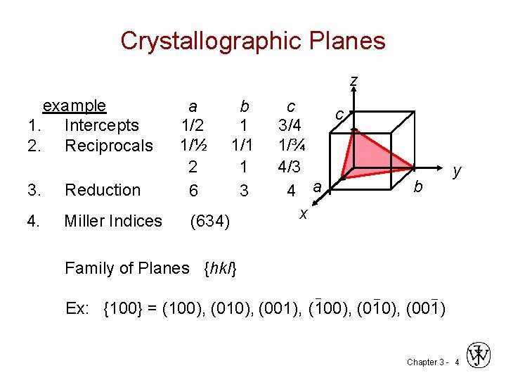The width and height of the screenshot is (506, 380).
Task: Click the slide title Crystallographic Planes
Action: tap(253, 41)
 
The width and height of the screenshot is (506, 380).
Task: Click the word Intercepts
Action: tap(101, 126)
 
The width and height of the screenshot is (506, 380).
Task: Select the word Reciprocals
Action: tap(108, 146)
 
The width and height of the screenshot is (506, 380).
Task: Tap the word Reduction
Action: tap(103, 190)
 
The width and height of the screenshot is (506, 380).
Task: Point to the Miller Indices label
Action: tap(113, 221)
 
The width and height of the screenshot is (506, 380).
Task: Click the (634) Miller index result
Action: tap(209, 222)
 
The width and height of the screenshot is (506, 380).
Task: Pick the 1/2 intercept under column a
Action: tap(192, 126)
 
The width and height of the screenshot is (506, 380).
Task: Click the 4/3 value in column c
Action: tap(290, 168)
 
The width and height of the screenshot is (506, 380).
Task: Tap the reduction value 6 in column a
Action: tap(193, 191)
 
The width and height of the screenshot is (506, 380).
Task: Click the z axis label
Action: tap(354, 82)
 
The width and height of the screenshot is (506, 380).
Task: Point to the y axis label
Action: tap(458, 171)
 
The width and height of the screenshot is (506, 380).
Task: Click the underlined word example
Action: tap(74, 106)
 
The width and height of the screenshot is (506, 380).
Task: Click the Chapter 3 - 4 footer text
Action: tap(432, 362)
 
